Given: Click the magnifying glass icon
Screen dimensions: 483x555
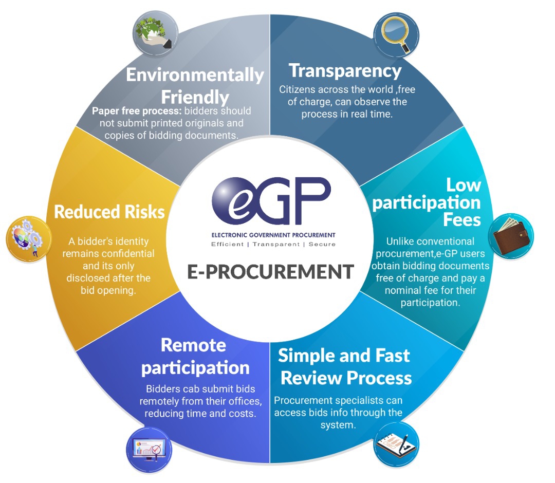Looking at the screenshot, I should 393,33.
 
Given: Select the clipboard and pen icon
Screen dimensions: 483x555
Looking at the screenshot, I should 395,443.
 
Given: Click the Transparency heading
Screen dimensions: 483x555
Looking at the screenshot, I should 345,70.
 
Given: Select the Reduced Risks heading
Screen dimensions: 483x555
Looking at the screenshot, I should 109,212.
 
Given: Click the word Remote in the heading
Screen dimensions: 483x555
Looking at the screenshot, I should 193,345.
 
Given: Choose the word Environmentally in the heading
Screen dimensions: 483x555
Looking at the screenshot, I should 195,75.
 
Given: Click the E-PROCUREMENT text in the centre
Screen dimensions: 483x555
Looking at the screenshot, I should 270,271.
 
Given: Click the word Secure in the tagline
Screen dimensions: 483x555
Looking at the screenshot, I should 322,244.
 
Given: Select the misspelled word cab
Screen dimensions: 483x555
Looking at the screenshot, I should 190,389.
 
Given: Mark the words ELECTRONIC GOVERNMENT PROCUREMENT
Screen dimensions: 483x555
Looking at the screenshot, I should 273,235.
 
